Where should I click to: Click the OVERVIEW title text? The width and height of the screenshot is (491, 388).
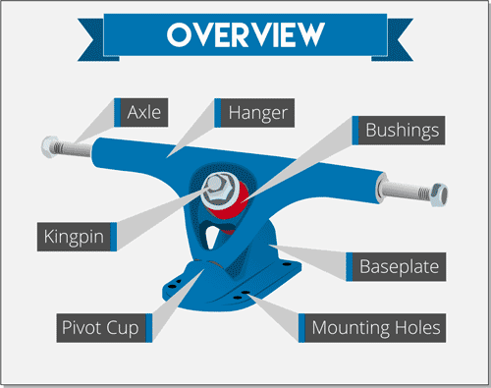245,34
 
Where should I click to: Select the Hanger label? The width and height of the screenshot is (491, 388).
257,112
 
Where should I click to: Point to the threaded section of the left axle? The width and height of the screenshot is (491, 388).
77,149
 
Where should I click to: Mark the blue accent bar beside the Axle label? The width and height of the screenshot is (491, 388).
119,112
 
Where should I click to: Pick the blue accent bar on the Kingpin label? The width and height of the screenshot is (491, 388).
115,236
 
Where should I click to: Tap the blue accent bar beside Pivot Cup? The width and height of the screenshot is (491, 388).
148,327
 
